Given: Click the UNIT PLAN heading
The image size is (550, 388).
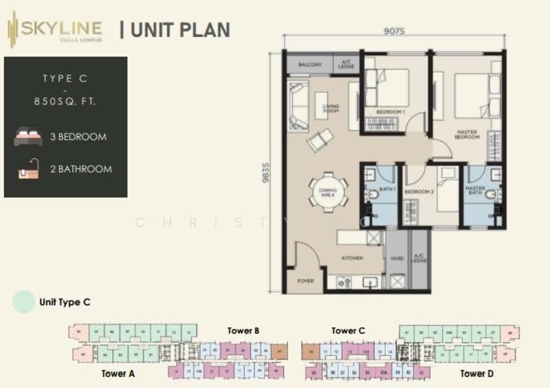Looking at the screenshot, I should pyautogui.click(x=179, y=30).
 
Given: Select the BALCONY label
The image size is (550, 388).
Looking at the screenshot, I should pyautogui.click(x=309, y=65).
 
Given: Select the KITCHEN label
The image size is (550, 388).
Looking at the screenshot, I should pyautogui.click(x=353, y=258).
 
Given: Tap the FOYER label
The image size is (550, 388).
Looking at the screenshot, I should pyautogui.click(x=305, y=281).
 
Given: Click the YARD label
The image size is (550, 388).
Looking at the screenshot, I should pyautogui.click(x=396, y=259).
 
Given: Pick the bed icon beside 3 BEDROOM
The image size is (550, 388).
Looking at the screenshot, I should pyautogui.click(x=28, y=136).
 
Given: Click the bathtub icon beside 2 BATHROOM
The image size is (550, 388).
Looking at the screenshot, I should pyautogui.click(x=28, y=169).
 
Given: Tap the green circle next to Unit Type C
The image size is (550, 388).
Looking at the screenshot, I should pyautogui.click(x=23, y=302).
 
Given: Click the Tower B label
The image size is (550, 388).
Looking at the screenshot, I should pyautogui.click(x=243, y=331).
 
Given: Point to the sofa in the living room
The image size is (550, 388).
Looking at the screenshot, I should pyautogui.click(x=298, y=106).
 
